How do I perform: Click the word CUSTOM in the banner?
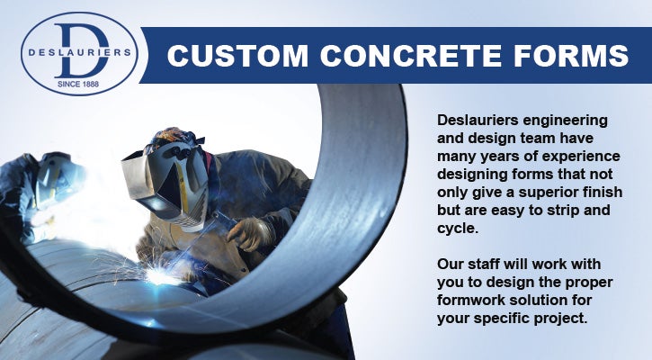237,56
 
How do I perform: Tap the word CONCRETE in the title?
411,56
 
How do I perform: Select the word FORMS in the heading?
571,56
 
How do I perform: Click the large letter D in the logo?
82,50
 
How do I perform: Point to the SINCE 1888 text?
78,84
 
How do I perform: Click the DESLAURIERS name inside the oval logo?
79,52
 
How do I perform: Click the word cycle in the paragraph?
454,229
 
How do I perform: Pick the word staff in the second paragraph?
485,264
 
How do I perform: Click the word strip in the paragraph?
561,211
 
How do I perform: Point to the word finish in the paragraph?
602,193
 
